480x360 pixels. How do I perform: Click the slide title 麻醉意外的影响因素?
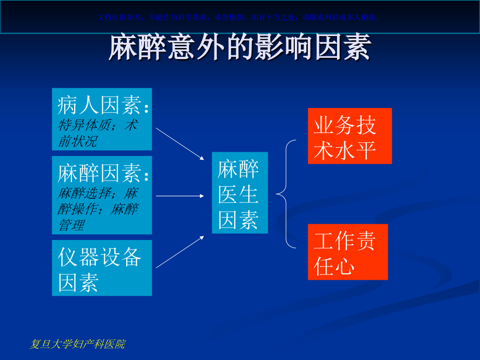239,49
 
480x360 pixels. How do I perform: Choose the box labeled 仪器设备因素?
102,268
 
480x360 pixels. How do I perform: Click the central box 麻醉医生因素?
239,193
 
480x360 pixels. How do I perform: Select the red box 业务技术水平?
349,136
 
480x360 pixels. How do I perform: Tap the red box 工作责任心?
347,252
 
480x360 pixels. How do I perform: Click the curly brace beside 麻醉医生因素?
286,194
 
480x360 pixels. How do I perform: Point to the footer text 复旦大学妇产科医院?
78,344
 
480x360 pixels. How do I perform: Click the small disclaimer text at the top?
239,17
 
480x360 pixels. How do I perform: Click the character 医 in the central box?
229,195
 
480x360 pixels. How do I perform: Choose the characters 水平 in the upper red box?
360,150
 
